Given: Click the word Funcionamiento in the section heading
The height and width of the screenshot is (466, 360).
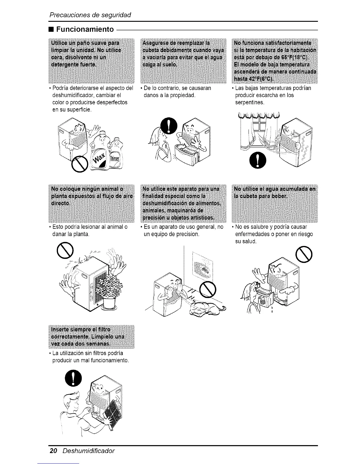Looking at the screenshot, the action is click(x=85, y=29).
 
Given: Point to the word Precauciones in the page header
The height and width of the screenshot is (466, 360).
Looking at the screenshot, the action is click(x=67, y=14).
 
